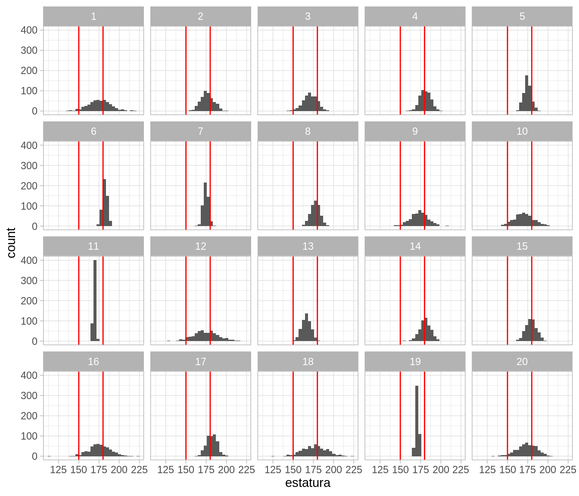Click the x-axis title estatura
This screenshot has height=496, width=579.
tap(308, 483)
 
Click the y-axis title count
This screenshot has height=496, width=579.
tap(11, 243)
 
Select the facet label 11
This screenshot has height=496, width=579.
tap(93, 246)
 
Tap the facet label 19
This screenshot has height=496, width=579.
tap(415, 362)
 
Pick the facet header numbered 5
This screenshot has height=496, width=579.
tap(522, 16)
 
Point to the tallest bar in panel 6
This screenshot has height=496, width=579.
tap(105, 202)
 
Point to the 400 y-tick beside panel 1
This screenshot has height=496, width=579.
tap(29, 30)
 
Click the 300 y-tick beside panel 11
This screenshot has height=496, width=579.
tap(29, 281)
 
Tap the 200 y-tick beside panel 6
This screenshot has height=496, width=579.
tap(29, 186)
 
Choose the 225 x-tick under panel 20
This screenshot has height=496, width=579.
tap(568, 470)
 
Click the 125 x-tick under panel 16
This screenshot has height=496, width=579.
tap(59, 470)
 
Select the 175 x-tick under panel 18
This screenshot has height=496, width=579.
tap(313, 470)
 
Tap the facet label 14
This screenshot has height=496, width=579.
tap(415, 246)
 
